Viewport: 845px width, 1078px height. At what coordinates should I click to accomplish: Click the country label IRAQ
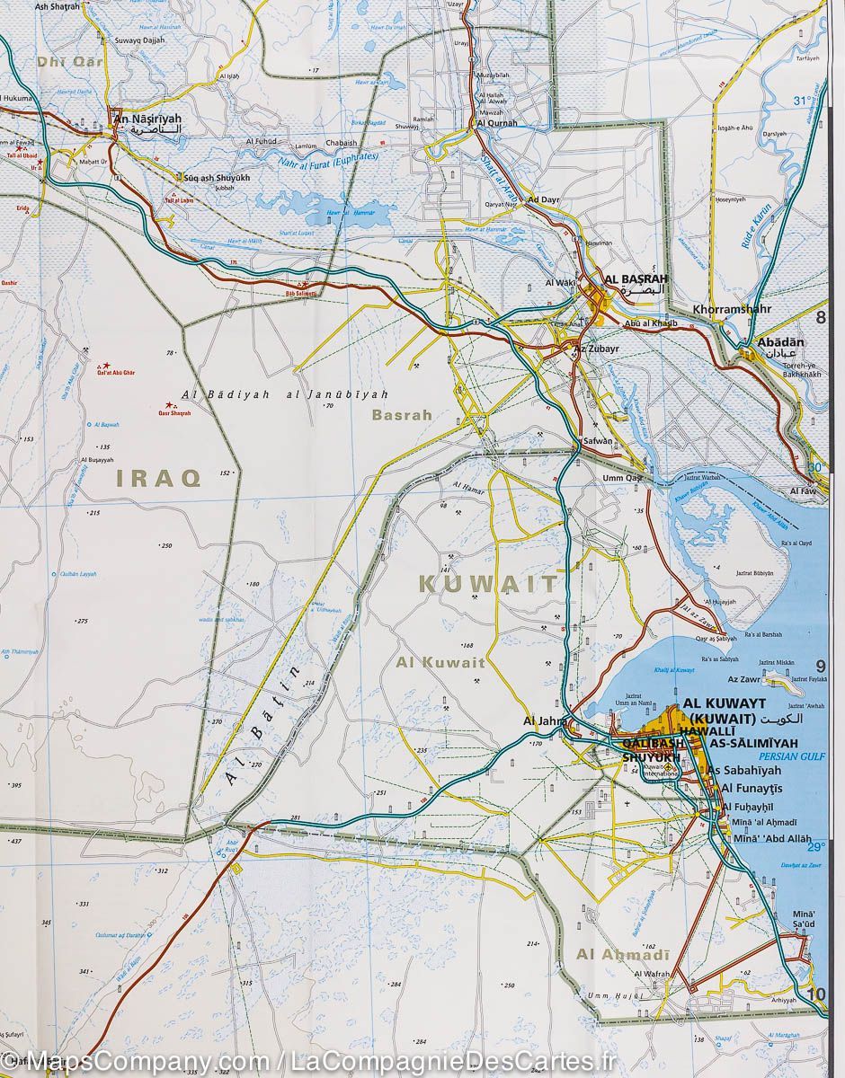tap(158, 478)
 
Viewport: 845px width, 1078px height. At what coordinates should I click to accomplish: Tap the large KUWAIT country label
tap(488, 583)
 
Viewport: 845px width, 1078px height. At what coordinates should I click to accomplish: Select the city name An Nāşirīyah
tap(145, 119)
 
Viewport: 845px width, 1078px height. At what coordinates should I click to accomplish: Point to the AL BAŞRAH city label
tap(637, 278)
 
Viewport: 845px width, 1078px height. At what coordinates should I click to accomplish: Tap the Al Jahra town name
tap(543, 720)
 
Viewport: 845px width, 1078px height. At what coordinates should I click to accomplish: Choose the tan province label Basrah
tap(402, 415)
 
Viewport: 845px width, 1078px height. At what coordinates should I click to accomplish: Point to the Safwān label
tap(598, 441)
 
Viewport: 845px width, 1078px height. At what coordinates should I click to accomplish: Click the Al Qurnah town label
tap(497, 123)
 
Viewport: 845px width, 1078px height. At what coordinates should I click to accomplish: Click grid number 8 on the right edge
tap(820, 316)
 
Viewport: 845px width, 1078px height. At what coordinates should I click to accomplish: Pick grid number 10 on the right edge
tap(815, 994)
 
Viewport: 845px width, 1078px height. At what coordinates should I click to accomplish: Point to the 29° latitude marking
tap(815, 847)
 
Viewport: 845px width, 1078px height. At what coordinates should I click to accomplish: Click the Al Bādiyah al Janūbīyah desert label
tap(284, 393)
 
